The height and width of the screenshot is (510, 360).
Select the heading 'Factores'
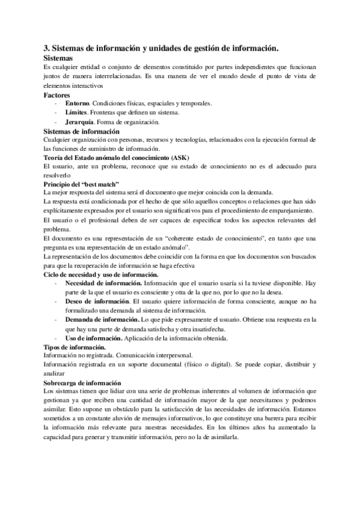(57, 95)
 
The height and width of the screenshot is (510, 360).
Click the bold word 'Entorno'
(76, 103)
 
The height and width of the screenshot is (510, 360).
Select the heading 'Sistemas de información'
(82, 131)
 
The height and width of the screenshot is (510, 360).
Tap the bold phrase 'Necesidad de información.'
(103, 282)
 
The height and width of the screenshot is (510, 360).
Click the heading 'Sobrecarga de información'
(82, 382)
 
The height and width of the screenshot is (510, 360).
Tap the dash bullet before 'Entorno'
(56, 103)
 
